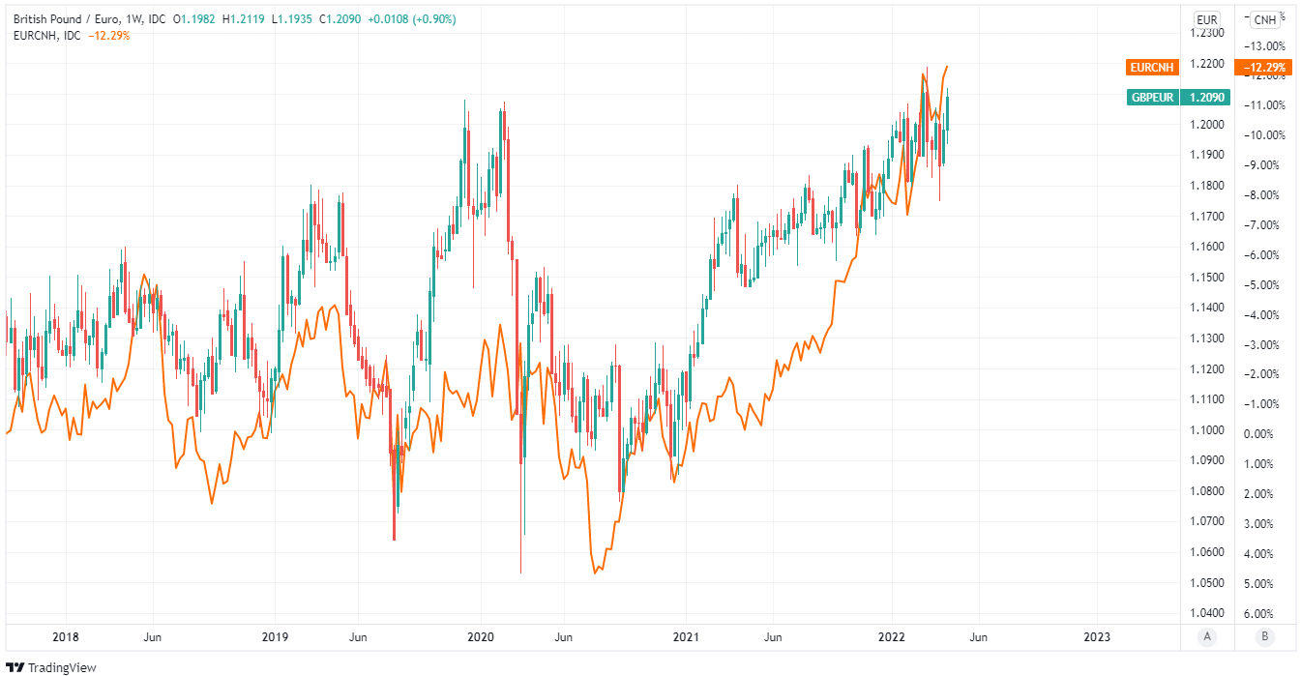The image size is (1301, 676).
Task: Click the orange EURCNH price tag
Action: point(1150,68)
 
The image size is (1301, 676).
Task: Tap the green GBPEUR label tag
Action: point(1152,97)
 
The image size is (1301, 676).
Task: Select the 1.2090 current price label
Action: point(1208,97)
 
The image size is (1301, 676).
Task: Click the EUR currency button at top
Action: point(1206,19)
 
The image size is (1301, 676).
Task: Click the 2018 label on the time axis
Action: point(66,636)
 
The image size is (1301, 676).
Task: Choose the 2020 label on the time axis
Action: point(481,636)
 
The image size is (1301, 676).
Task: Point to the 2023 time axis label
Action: point(1097,636)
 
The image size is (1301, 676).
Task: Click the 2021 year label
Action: point(686,636)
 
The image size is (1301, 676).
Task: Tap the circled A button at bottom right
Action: point(1206,636)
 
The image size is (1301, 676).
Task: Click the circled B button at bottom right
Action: point(1264,636)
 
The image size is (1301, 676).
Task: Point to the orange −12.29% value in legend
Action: point(108,36)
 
